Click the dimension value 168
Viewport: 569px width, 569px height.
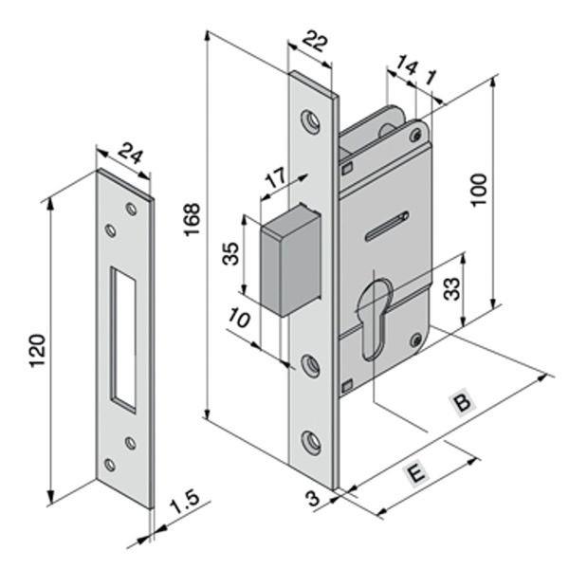(193, 220)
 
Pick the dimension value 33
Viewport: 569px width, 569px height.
(452, 285)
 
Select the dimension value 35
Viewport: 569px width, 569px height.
(229, 255)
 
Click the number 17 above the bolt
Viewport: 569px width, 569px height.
(276, 178)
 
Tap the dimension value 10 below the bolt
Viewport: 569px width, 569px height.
(241, 318)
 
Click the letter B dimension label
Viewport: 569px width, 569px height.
(462, 402)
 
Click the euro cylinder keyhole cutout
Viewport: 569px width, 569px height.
(374, 313)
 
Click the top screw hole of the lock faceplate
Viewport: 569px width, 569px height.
(309, 120)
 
